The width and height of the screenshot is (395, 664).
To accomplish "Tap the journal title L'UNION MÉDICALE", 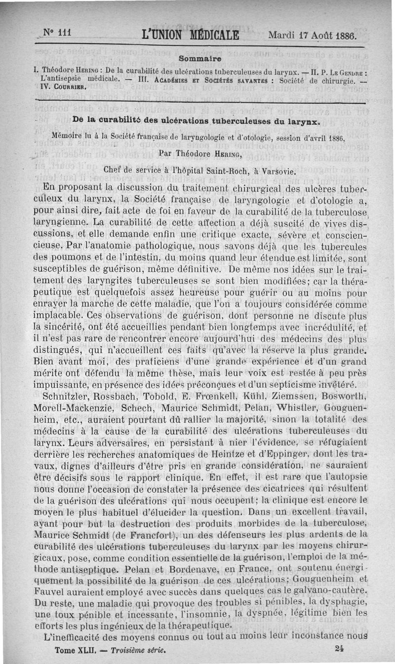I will pos(190,36).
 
